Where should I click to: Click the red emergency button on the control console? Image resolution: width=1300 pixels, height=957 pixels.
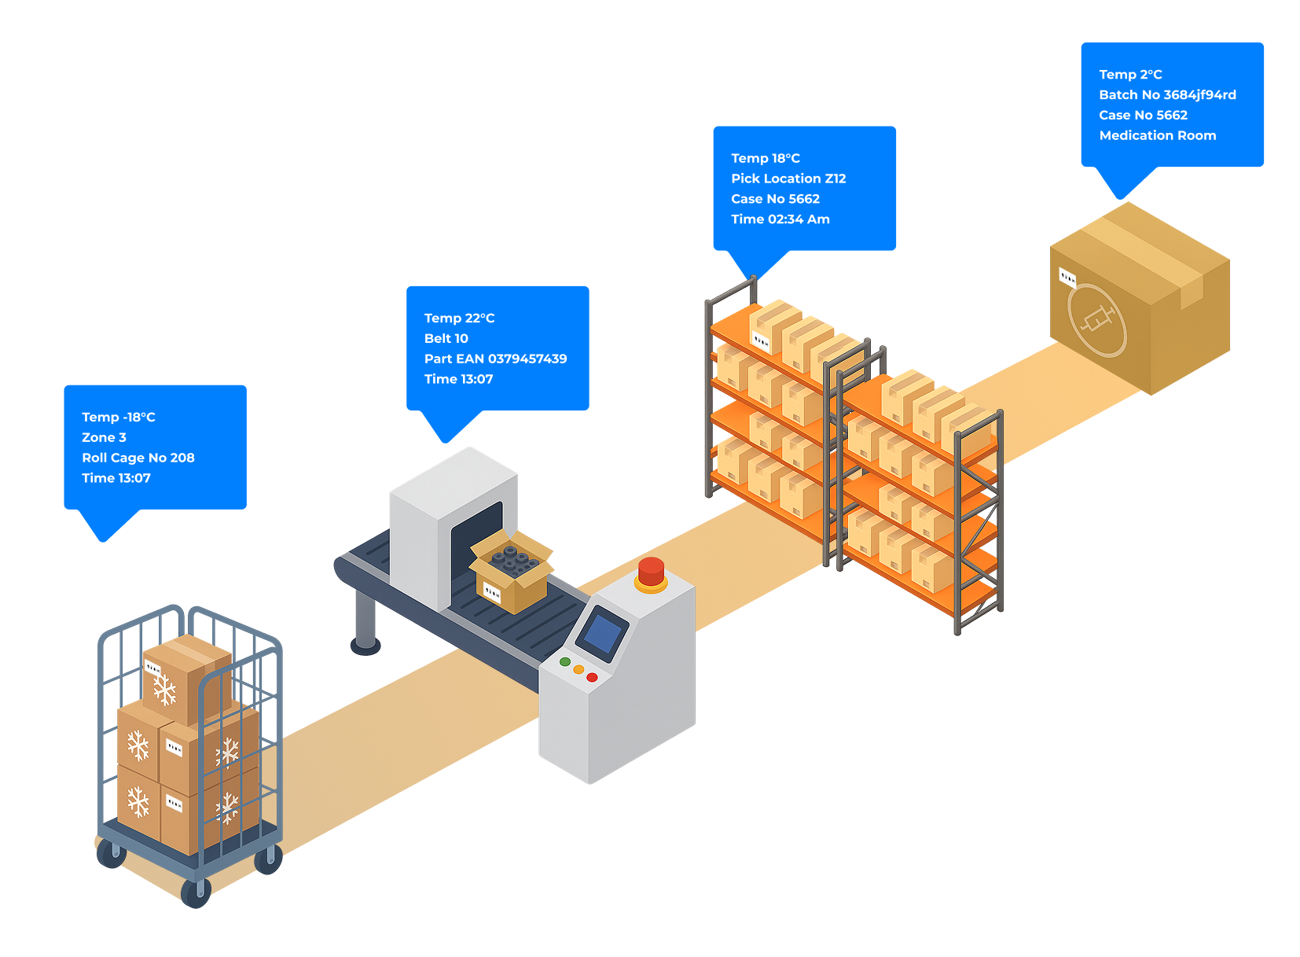coord(651,572)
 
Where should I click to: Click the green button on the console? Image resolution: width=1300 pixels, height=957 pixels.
coord(564,662)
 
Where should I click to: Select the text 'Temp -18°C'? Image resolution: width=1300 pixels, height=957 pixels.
coord(119,418)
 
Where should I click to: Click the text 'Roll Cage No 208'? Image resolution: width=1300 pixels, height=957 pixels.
coord(138,458)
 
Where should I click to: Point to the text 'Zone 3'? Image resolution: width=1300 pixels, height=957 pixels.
coord(104,437)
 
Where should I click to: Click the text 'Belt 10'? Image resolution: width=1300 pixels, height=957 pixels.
coord(446,339)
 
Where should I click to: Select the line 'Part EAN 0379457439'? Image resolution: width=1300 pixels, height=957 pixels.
coord(495,359)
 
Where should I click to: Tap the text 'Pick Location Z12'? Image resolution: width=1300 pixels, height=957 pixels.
coord(788,179)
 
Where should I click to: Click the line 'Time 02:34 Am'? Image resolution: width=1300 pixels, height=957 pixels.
coord(780,219)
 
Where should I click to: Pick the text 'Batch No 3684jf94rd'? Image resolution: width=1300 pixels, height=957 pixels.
coord(1167,94)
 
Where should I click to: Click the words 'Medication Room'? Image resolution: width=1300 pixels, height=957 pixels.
coord(1158,135)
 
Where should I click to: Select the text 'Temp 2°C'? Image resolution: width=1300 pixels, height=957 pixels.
coord(1130,75)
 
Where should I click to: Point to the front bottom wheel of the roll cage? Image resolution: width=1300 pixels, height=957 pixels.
coord(196,893)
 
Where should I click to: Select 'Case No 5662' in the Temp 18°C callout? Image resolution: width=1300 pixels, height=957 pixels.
coord(775,199)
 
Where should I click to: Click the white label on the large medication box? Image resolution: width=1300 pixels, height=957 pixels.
coord(1067,278)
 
